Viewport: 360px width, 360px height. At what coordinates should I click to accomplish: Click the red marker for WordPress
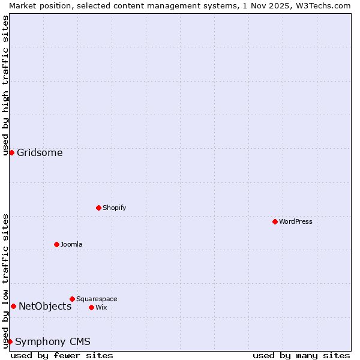[x=275, y=221]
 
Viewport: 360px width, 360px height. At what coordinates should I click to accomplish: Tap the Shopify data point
[x=98, y=208]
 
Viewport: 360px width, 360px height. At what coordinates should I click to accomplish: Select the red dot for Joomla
[x=56, y=244]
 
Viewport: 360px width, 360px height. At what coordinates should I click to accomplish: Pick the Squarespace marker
[x=72, y=299]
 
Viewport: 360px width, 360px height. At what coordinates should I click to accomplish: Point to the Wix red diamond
[x=91, y=307]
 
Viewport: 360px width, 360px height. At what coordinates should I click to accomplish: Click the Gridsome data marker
[x=11, y=152]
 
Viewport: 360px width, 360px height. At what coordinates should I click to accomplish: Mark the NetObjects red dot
[x=13, y=306]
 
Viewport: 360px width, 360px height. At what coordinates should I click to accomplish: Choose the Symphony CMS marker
[x=10, y=341]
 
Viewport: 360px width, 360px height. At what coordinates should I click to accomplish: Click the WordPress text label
[x=296, y=221]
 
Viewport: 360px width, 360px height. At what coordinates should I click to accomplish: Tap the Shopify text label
[x=114, y=208]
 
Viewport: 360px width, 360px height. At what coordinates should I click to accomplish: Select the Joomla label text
[x=71, y=244]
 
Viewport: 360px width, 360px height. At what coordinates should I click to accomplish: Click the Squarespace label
[x=97, y=299]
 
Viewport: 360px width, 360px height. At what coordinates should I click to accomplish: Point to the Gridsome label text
[x=40, y=152]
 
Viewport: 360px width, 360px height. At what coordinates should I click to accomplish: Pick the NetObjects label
[x=45, y=306]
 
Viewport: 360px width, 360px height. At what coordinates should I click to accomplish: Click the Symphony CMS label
[x=53, y=341]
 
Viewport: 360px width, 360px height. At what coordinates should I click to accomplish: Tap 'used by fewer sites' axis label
[x=62, y=355]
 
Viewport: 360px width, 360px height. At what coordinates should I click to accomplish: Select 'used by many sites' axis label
[x=301, y=355]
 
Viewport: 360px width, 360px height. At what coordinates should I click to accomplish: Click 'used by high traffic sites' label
[x=5, y=85]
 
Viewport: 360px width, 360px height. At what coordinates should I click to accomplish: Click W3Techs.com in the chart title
[x=322, y=5]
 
